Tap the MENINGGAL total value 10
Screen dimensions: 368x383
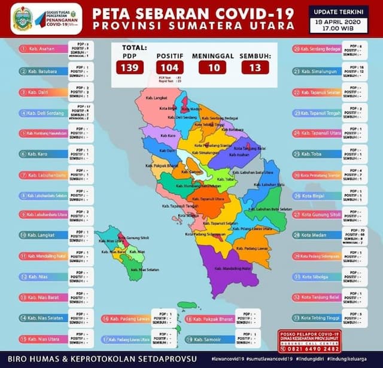(212, 67)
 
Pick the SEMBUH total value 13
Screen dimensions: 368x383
(255, 67)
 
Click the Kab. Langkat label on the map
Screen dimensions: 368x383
(157, 96)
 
